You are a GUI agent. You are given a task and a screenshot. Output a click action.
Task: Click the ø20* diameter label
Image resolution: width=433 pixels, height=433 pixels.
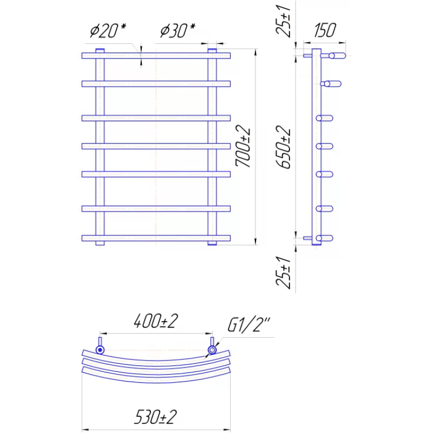108,30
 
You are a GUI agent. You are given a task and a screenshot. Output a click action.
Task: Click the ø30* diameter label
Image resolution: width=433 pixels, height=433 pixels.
178,30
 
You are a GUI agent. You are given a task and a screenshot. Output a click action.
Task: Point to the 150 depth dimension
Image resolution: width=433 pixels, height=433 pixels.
325,30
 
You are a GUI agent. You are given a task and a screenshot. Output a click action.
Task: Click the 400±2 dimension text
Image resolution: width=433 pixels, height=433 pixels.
156,321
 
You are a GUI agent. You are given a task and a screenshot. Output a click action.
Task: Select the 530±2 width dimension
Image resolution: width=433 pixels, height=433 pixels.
155,417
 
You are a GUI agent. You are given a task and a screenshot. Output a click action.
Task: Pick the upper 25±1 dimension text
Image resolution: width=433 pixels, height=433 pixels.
283,21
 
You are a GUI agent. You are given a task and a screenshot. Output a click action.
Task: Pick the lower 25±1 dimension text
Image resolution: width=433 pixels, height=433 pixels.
283,273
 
